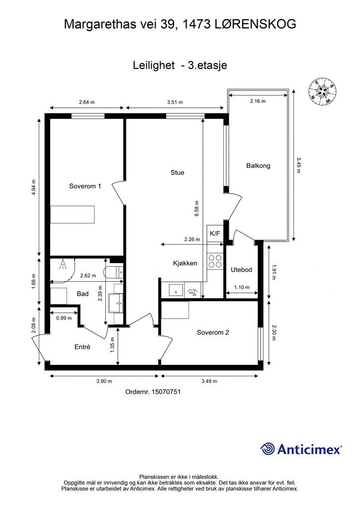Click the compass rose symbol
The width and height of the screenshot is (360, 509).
(322, 92)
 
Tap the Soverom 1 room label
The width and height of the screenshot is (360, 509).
(85, 186)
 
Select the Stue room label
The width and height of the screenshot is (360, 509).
(177, 172)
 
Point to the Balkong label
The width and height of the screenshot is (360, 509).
(258, 166)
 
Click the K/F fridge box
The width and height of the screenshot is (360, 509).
(215, 234)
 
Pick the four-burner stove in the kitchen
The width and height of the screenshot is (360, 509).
(215, 261)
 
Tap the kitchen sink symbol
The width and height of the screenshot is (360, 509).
(176, 290)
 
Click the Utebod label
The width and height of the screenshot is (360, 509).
(241, 270)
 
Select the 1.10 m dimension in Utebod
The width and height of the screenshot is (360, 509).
(242, 287)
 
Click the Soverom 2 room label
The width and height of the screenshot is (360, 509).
(213, 333)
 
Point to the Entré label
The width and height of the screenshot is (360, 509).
(82, 346)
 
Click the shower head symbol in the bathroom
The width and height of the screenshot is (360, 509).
(63, 264)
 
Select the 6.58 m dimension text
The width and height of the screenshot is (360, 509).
(197, 208)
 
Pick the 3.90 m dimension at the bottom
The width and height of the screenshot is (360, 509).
(104, 381)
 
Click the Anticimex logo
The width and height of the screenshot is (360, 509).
(301, 449)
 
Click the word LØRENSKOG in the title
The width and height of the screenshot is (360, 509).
(256, 24)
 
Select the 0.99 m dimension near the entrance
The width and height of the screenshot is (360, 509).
(64, 318)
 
